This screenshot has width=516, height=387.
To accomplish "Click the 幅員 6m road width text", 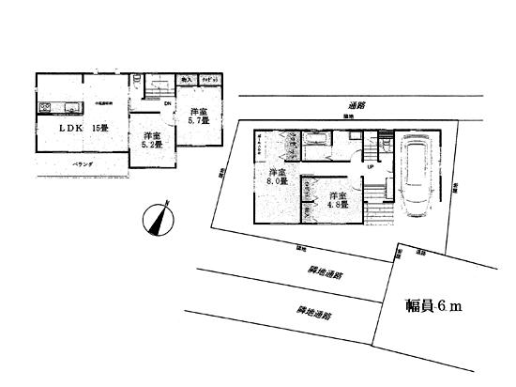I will (433, 306).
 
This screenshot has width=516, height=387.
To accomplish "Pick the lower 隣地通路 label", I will (312, 311).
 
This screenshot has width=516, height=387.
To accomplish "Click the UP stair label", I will (371, 168).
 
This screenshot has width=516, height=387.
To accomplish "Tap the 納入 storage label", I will (186, 82).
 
